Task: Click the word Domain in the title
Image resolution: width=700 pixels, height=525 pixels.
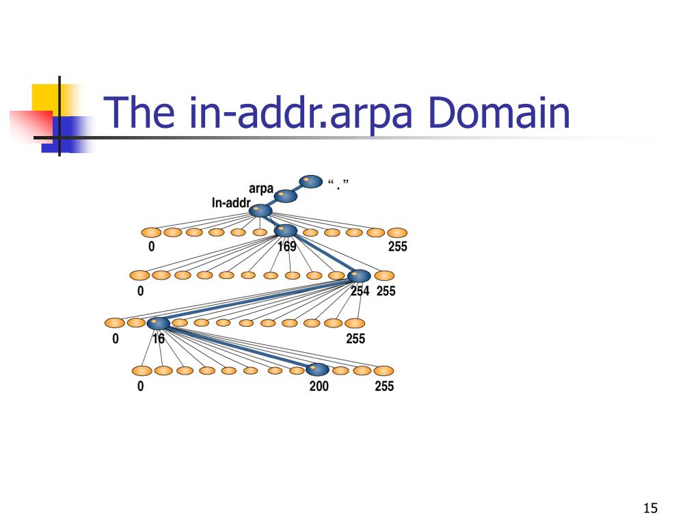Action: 498,113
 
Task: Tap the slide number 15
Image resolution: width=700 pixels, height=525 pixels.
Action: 649,508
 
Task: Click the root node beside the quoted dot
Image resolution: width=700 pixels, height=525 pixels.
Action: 311,181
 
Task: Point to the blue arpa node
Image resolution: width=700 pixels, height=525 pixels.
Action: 286,196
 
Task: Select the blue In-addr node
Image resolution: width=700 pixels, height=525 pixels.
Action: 260,211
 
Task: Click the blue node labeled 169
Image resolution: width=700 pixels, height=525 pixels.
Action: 286,230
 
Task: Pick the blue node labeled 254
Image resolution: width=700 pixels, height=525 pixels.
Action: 359,276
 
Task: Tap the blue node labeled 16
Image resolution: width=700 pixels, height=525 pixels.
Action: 158,323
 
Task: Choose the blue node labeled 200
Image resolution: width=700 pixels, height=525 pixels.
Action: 317,370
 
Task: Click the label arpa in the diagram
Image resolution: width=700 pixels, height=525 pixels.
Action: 261,188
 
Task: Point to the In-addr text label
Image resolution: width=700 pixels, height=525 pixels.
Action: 231,203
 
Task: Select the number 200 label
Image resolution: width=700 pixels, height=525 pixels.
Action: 319,386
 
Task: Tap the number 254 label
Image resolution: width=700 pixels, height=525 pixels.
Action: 360,291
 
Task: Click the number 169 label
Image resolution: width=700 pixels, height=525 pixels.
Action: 287,246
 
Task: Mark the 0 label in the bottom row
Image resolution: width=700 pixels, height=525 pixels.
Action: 140,386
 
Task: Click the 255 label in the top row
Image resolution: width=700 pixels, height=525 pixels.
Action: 397,246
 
